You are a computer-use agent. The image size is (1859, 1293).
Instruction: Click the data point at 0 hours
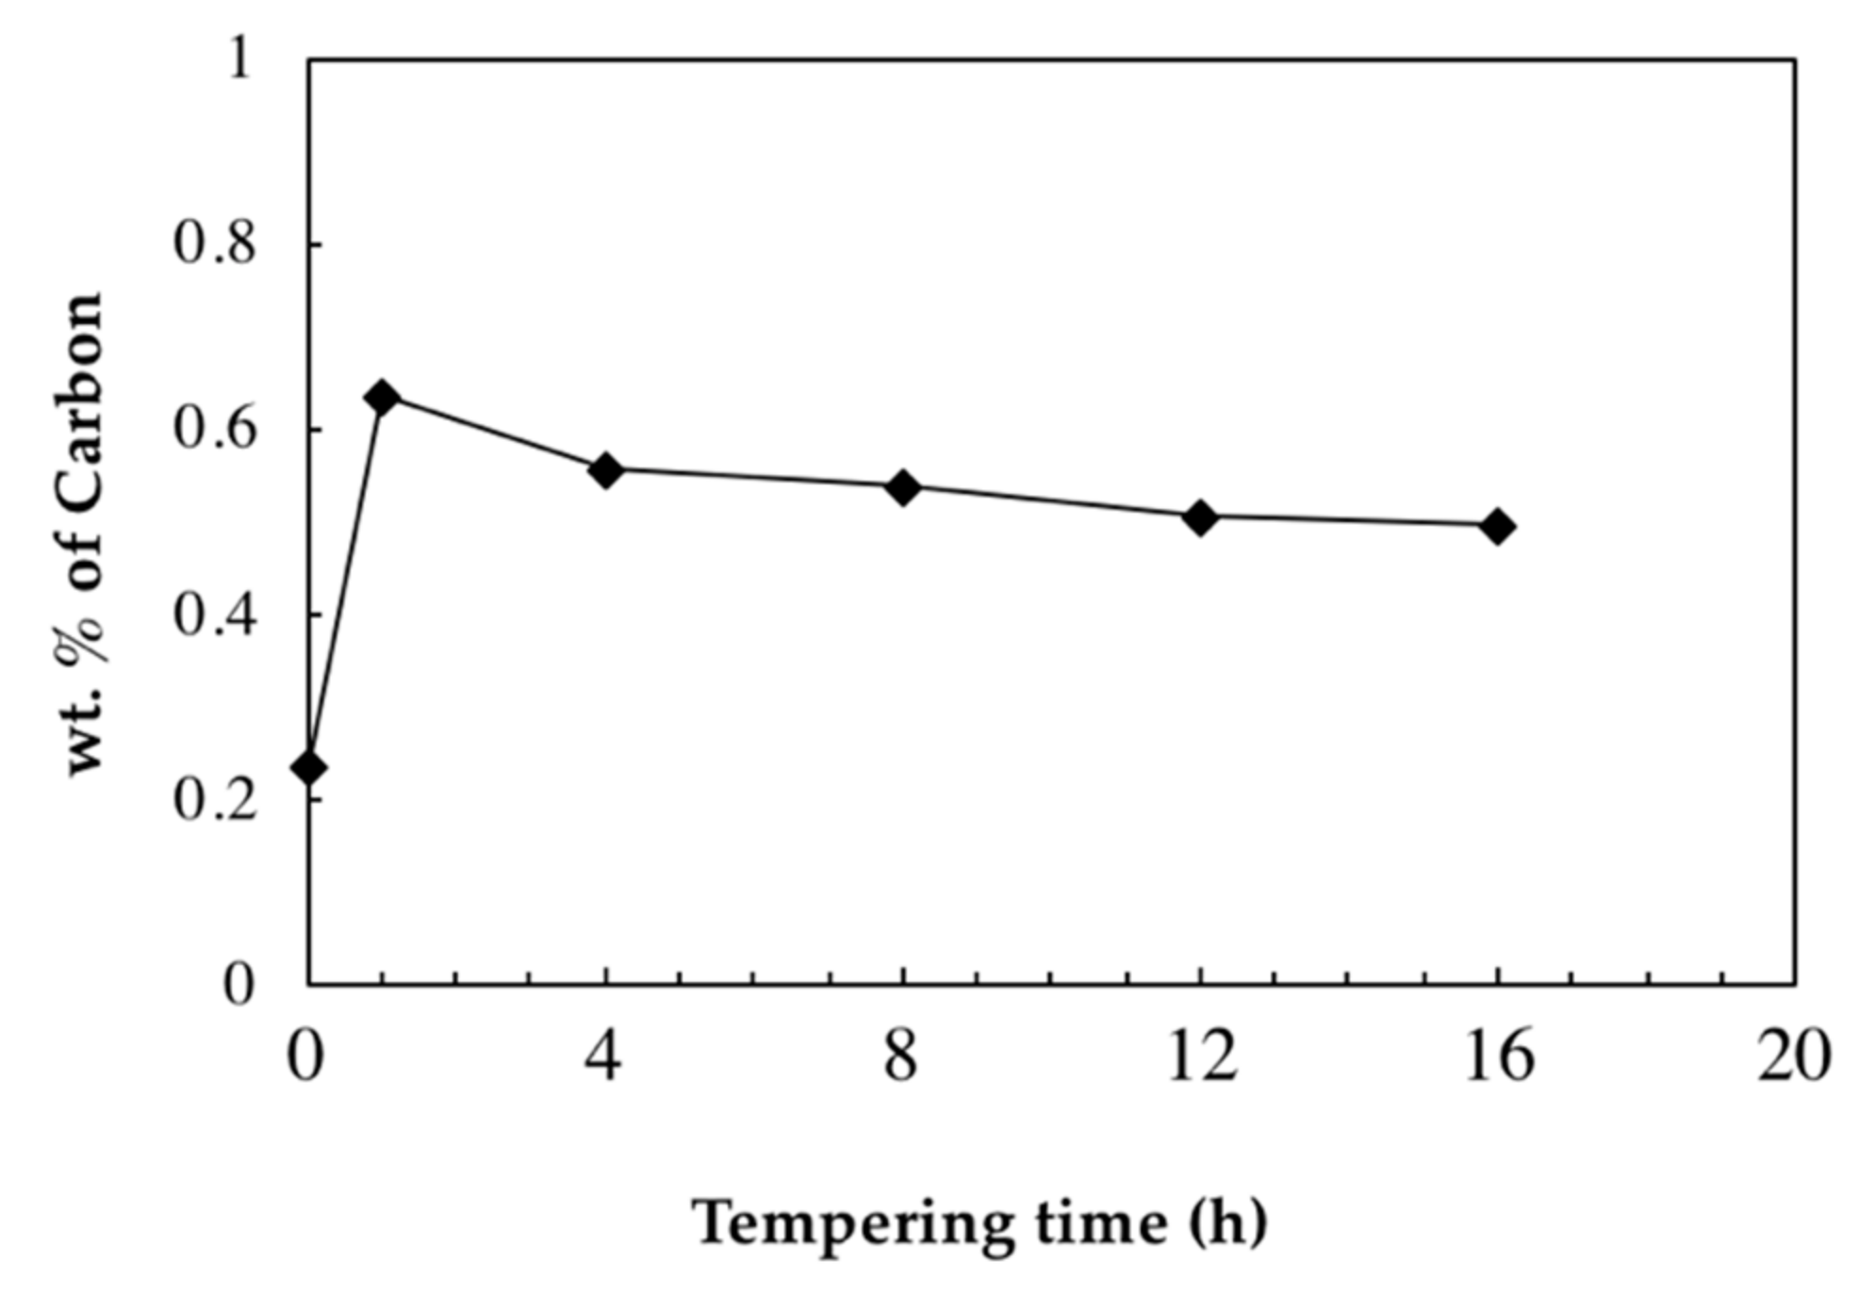[308, 767]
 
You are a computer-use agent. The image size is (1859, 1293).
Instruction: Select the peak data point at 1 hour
[382, 398]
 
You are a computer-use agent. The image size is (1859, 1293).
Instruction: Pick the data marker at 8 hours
[902, 487]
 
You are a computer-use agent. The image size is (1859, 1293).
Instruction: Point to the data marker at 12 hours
[1200, 516]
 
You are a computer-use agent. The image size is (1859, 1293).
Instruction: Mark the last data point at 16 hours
[1497, 526]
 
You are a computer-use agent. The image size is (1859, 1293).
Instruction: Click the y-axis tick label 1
[241, 60]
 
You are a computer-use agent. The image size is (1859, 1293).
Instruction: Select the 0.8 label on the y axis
[214, 244]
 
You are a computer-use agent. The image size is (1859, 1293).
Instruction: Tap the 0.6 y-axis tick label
[214, 430]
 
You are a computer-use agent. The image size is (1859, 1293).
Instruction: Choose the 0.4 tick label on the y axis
[214, 615]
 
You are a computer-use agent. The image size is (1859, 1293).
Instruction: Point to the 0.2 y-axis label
[214, 800]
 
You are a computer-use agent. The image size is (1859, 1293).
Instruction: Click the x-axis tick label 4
[603, 1056]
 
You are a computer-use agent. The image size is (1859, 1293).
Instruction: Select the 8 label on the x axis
[901, 1056]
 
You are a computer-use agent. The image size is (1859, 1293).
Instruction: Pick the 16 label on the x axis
[1498, 1056]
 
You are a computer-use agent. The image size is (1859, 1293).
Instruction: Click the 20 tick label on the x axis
[1794, 1056]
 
